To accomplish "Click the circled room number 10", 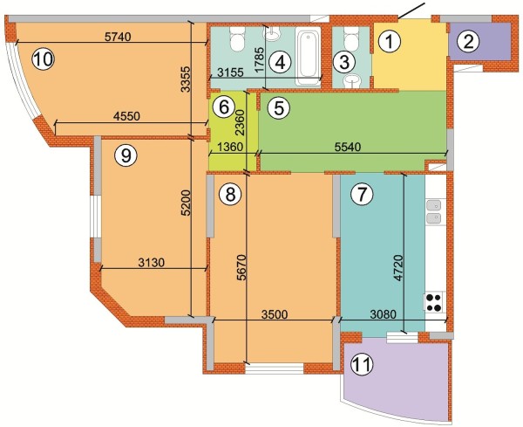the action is click(43, 59).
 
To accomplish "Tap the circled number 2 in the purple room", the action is click(468, 43).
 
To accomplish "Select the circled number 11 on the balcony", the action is click(362, 364).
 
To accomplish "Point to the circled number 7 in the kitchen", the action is click(362, 194).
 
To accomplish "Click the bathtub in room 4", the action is click(309, 56).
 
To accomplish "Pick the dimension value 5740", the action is click(118, 37).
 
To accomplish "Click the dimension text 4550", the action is click(126, 116).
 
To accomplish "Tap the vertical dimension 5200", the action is click(187, 203).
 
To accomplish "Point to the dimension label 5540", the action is click(347, 147).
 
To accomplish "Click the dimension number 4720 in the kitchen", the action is click(397, 267).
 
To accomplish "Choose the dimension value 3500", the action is click(275, 314).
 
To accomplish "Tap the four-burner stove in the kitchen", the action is click(434, 302).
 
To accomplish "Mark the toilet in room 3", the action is click(350, 39).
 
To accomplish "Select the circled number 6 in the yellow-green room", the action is click(223, 107).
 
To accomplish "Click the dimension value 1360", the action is click(230, 147).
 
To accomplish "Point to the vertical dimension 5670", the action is click(241, 267).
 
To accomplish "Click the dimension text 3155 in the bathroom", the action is click(230, 72).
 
